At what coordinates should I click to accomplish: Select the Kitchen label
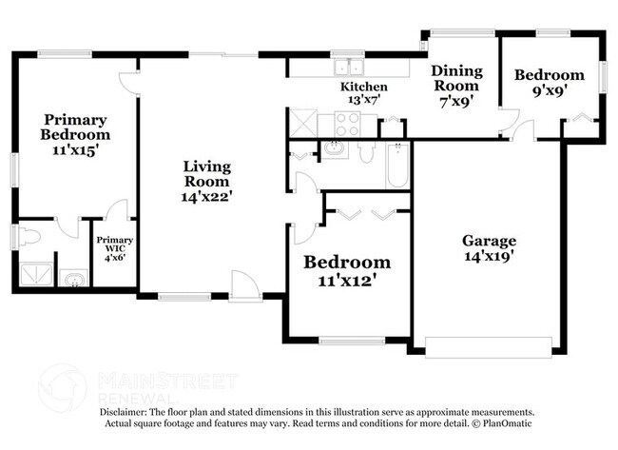tap(364, 88)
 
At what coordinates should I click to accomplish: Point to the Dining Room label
tap(456, 85)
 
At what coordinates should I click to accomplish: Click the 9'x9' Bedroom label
tap(549, 85)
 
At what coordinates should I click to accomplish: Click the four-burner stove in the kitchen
tap(345, 123)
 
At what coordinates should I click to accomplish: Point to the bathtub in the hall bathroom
tap(396, 166)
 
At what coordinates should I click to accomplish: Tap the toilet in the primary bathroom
tap(28, 234)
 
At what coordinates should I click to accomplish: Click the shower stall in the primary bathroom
tap(35, 274)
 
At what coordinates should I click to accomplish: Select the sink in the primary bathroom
tap(72, 278)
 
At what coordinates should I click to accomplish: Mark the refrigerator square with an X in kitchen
tap(302, 123)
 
